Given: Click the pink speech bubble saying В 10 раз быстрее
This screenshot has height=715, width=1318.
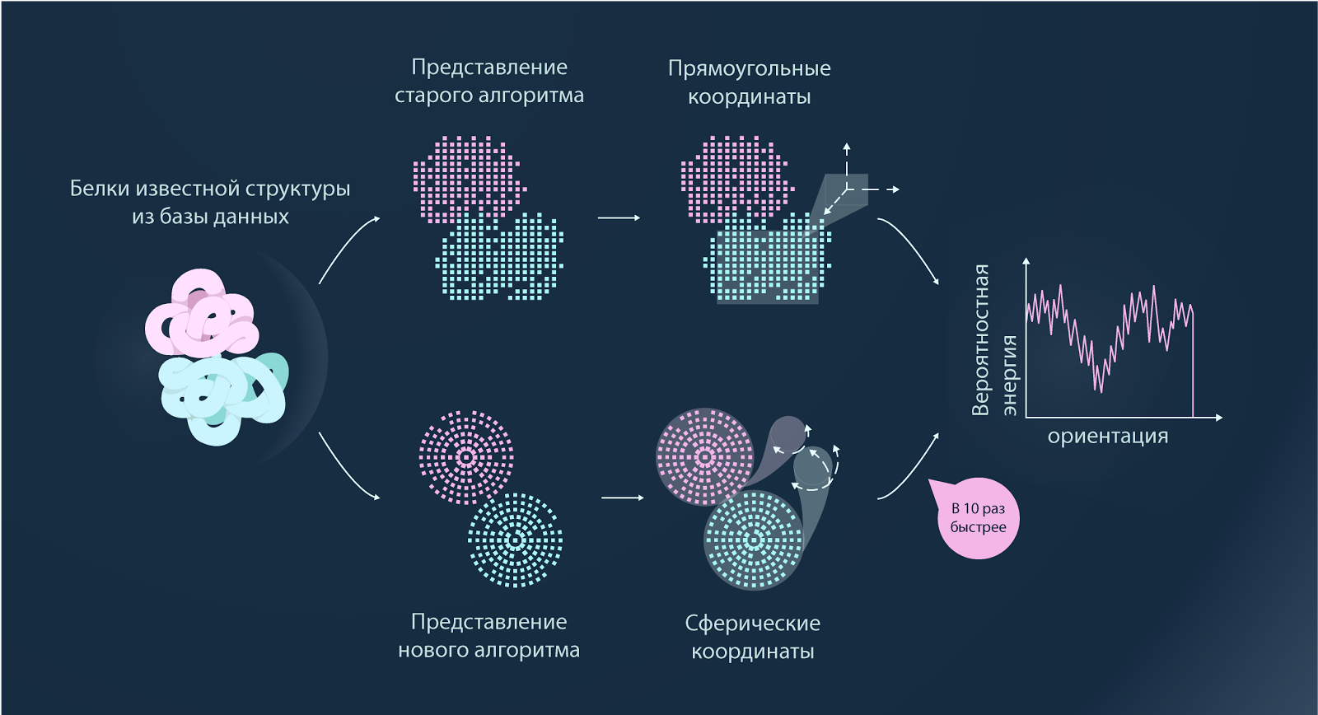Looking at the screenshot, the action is click(x=977, y=518).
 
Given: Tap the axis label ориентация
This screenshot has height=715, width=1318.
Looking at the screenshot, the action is click(x=1107, y=437).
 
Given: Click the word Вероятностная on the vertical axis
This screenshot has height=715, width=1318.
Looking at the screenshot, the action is click(x=980, y=340).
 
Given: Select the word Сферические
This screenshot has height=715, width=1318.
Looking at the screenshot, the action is click(x=753, y=624).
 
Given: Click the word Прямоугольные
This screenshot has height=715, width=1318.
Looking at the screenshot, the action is click(x=749, y=69).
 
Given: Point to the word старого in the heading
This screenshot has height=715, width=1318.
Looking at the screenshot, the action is click(x=433, y=96).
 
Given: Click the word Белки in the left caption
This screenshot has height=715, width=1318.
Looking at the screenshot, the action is click(x=99, y=189).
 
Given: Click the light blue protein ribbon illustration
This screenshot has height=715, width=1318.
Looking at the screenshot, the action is click(x=224, y=397).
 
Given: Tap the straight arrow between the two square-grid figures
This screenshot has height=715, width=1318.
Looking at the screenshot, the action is click(x=619, y=217).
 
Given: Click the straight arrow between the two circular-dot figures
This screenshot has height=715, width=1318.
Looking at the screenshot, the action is click(x=623, y=498).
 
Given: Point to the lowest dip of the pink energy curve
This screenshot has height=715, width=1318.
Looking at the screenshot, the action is click(x=1100, y=391).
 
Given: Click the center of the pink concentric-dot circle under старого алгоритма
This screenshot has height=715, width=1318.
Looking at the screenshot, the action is click(x=466, y=457).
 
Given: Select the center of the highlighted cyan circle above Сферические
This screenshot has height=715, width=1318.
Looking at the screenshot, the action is click(x=754, y=540).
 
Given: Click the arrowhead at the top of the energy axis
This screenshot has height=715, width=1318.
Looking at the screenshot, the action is click(x=1026, y=260).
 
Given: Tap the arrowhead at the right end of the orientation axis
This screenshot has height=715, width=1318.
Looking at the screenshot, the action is click(x=1218, y=418).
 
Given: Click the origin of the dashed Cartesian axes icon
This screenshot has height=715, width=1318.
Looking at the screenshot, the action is click(x=847, y=189).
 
